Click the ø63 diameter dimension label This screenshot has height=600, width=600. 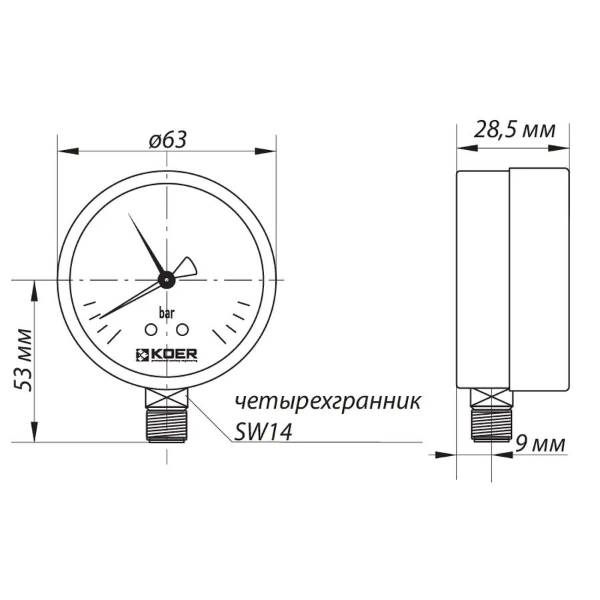point(167,139)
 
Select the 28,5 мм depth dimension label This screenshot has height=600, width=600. point(514,129)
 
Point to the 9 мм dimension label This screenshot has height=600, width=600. point(540,443)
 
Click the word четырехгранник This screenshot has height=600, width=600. point(327,402)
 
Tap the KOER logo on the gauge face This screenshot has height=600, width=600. point(166,354)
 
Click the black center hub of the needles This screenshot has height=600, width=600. point(166,279)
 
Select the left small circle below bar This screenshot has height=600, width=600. point(151,329)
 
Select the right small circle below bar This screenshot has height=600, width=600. point(181,329)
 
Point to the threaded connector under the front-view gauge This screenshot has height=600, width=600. point(166,424)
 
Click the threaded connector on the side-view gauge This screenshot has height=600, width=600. point(492,424)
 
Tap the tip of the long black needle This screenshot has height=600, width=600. point(129,215)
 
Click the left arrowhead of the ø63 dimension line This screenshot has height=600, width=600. point(62,151)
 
